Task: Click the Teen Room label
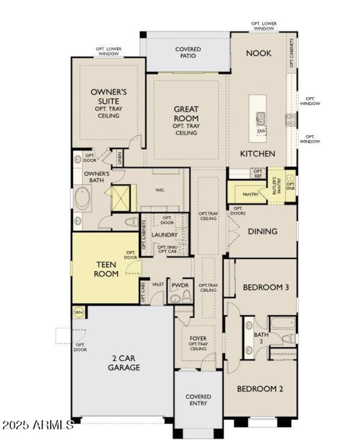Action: [x=107, y=269]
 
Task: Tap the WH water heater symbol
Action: [x=78, y=312]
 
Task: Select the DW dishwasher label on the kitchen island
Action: [x=261, y=131]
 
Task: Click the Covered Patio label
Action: [x=188, y=52]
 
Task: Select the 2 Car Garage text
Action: [x=124, y=363]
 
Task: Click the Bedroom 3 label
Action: [x=265, y=287]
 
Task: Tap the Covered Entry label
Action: [x=198, y=400]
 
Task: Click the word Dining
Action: [x=262, y=232]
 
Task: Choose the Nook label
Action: [x=259, y=53]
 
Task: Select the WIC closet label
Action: [x=160, y=190]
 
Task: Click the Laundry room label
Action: [x=164, y=235]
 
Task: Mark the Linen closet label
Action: [x=119, y=158]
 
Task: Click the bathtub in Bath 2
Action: [x=283, y=323]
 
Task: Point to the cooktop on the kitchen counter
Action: [x=291, y=119]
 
